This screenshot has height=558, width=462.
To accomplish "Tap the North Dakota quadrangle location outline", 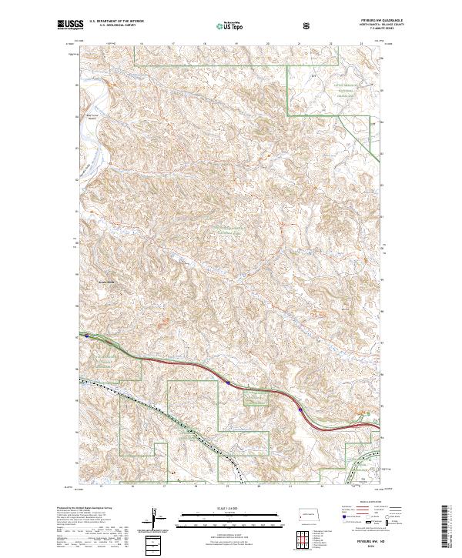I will point(306,513).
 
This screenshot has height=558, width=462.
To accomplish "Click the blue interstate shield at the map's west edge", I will point(88,336).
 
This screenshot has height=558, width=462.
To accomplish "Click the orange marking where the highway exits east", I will point(363,416).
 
